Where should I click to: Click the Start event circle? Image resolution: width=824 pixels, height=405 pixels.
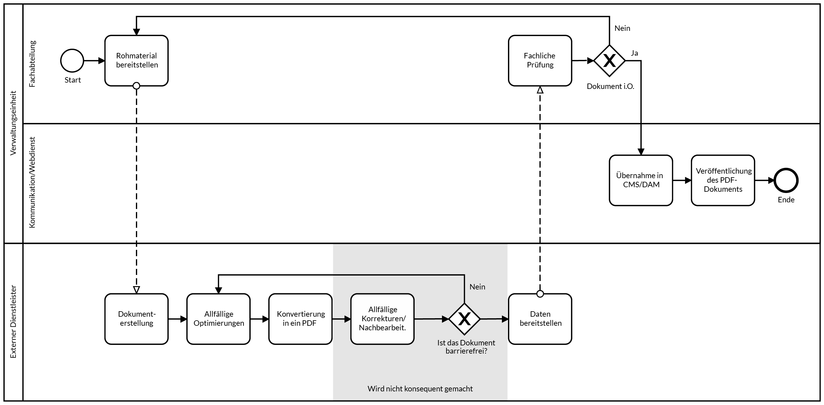[72, 61]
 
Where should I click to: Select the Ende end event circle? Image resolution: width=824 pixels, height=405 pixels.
[786, 181]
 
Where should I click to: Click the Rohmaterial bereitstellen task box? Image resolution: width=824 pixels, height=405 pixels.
[137, 60]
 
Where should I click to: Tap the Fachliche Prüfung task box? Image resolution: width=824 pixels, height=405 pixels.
[540, 60]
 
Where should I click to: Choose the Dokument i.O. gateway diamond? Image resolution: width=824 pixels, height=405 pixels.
[609, 61]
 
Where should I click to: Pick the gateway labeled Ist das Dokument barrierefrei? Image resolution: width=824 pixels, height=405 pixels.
[464, 319]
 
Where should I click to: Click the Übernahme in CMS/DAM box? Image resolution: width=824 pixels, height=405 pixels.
[641, 180]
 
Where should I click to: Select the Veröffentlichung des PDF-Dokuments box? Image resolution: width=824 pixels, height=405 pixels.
[723, 180]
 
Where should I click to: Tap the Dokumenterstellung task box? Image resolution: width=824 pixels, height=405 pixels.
[137, 319]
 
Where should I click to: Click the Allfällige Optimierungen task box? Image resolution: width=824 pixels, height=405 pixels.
[219, 319]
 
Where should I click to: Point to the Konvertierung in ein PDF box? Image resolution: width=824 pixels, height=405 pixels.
[300, 319]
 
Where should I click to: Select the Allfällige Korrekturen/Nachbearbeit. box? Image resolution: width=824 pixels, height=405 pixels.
[382, 319]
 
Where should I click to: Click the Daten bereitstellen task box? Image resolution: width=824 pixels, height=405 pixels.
[540, 319]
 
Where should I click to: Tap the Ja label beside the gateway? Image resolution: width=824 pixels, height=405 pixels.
[634, 53]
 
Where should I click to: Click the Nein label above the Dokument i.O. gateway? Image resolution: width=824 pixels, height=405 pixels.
[622, 28]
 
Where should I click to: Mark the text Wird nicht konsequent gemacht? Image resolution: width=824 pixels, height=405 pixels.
[420, 389]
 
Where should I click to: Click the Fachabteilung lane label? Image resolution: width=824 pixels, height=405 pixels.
[32, 64]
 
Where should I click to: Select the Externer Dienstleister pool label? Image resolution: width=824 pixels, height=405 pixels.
[13, 322]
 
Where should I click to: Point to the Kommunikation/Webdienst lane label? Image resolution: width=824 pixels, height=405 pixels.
[32, 182]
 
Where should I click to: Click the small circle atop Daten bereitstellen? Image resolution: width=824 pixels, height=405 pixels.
[540, 294]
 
